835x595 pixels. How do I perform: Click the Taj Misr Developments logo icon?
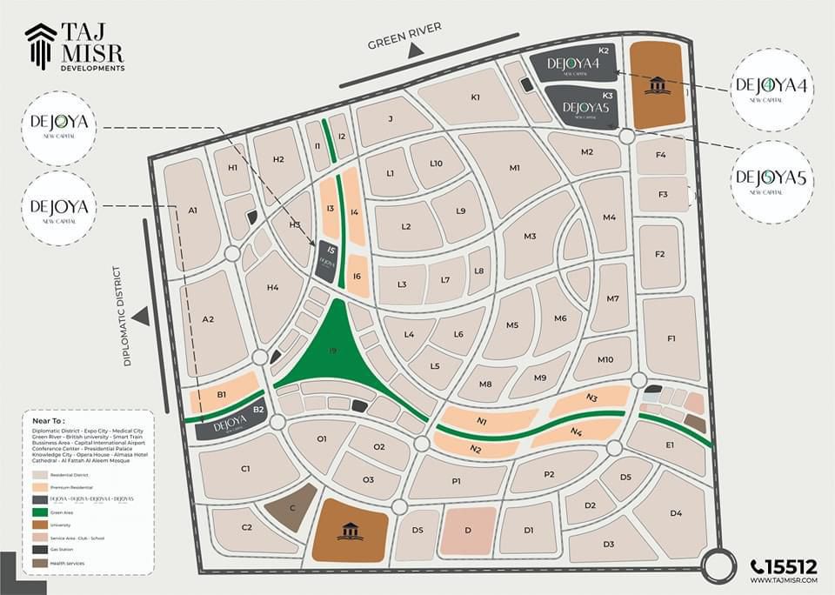coord(40,45)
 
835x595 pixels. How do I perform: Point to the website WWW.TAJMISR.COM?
coord(783,579)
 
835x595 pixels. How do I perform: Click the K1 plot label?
coord(476,97)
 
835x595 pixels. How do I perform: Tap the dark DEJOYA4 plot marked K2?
coord(573,64)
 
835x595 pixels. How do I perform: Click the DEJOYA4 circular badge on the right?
coord(772,88)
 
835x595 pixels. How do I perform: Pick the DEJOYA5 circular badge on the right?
coord(772,179)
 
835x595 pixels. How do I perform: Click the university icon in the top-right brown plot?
coord(657,85)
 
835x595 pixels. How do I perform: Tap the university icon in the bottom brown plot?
coord(350,530)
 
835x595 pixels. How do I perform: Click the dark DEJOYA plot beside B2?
coord(230,424)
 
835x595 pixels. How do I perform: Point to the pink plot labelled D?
coord(467,530)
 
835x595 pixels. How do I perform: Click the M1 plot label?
coord(515,168)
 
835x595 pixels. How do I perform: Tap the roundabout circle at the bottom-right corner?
coord(720,567)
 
